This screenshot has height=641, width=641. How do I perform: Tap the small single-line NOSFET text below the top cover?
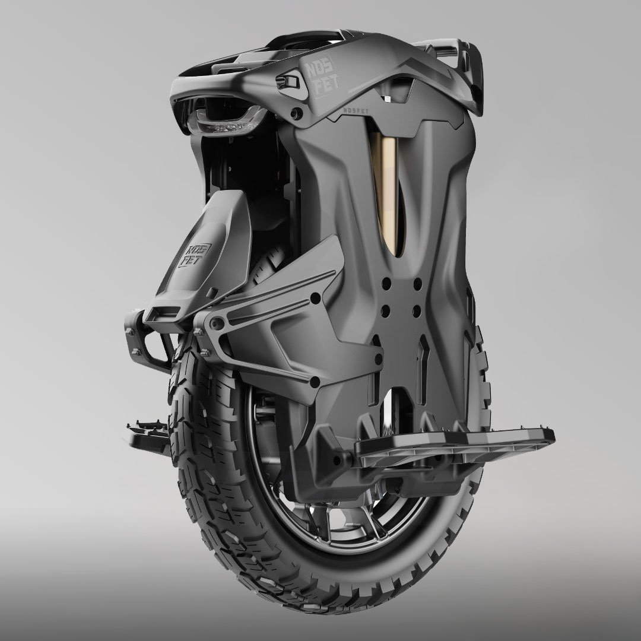pos(356,110)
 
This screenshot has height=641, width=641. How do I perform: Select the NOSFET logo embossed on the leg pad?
pos(194,255)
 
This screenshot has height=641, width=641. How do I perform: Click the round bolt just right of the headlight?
pos(296,112)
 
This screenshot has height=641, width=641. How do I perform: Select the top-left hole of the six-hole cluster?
pos(386,284)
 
